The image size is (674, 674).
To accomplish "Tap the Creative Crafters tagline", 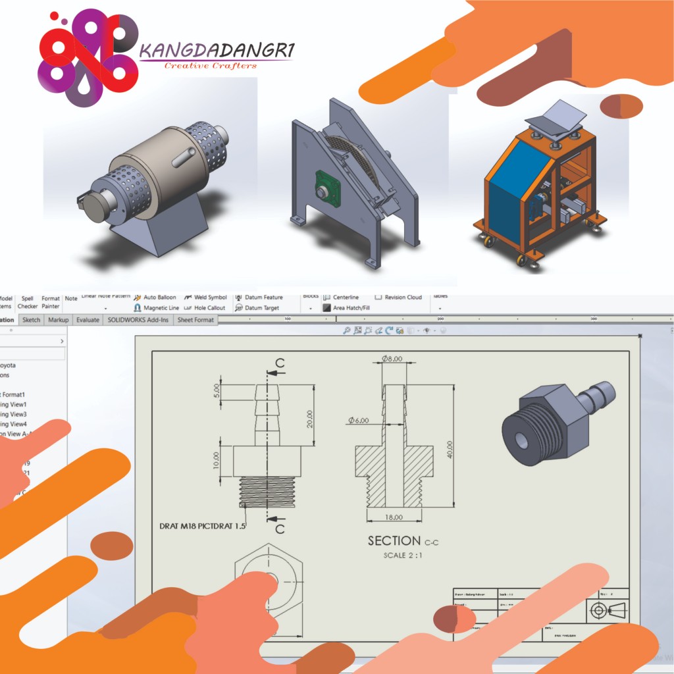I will [211, 65].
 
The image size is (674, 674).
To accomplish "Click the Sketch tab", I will [31, 320].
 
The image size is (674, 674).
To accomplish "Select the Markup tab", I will [59, 320].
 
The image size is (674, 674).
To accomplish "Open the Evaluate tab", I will [88, 320].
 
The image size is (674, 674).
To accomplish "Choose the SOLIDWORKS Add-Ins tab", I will [138, 320].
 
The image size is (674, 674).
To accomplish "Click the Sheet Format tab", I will [195, 320].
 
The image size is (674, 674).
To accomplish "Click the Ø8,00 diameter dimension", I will [392, 359].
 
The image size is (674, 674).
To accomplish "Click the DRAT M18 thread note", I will [202, 526].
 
